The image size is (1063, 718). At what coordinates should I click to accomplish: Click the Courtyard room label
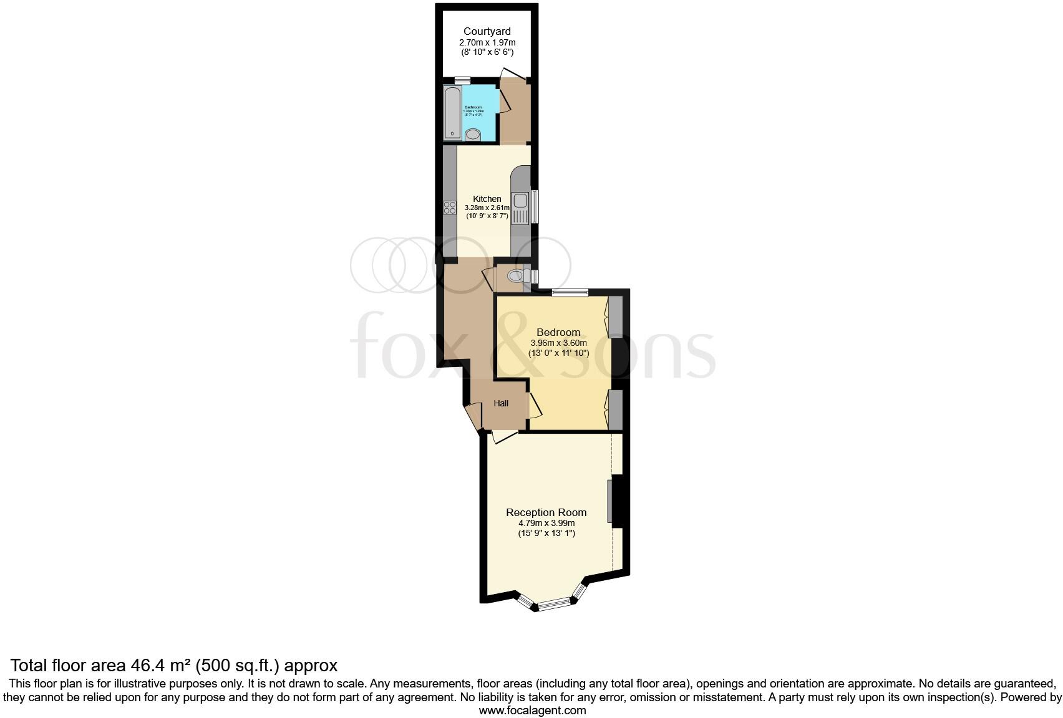[487, 31]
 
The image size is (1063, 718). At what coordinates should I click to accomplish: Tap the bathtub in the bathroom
[452, 113]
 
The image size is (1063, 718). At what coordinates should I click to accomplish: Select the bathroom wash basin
[473, 134]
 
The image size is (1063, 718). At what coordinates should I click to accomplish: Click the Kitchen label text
[487, 199]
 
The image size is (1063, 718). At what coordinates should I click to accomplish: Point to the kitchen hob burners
[450, 208]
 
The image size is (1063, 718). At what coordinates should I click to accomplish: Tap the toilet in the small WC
[515, 275]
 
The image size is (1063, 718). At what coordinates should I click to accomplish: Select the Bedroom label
[558, 332]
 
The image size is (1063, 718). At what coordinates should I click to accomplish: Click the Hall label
[501, 403]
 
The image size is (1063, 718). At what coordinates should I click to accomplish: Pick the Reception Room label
[546, 512]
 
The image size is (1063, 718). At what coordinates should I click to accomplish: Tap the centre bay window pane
[554, 603]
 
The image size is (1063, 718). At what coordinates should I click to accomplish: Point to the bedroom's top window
[570, 291]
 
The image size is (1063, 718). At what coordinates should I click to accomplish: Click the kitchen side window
[535, 206]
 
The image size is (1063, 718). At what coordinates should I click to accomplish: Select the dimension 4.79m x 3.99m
[546, 523]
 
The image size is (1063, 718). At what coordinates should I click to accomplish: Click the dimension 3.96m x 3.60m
[558, 343]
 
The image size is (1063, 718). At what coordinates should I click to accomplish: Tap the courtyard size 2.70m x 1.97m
[487, 42]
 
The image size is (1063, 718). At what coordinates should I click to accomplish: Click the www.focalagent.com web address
[532, 710]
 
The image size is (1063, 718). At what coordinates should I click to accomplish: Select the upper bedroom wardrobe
[615, 317]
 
